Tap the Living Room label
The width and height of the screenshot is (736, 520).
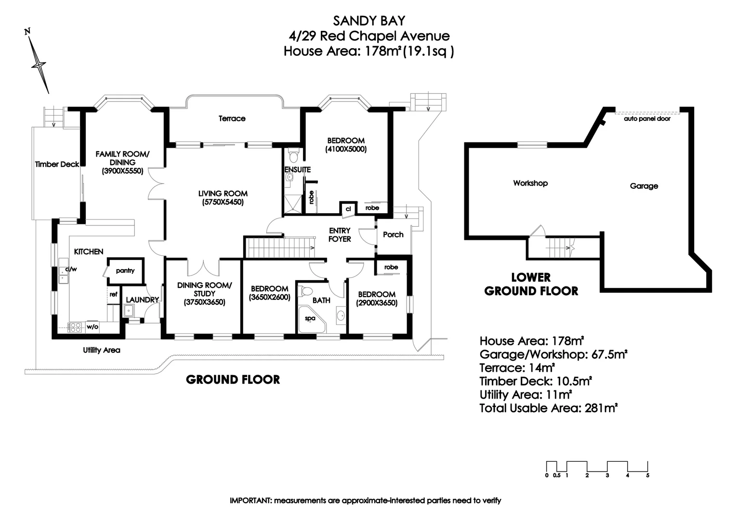click(223, 194)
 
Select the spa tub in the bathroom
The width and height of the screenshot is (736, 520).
click(311, 319)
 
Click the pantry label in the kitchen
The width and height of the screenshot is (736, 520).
click(125, 271)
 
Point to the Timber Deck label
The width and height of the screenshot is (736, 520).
click(57, 164)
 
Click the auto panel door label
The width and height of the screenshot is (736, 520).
click(647, 118)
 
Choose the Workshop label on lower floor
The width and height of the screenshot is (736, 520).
click(530, 183)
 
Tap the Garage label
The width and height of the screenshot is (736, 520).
click(644, 186)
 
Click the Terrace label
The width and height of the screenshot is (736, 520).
click(232, 118)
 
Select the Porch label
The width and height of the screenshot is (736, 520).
click(393, 234)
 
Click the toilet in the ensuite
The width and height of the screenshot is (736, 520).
click(293, 155)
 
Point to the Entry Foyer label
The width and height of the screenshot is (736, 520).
click(340, 234)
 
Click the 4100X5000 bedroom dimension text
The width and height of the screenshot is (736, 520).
click(346, 149)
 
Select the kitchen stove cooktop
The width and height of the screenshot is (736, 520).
click(76, 327)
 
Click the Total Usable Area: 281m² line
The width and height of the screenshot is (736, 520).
click(549, 408)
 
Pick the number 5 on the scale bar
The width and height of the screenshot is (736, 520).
click(647, 475)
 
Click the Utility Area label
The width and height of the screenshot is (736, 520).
click(101, 350)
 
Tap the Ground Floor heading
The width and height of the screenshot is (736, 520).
click(233, 380)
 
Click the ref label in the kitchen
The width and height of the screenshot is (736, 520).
click(113, 294)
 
